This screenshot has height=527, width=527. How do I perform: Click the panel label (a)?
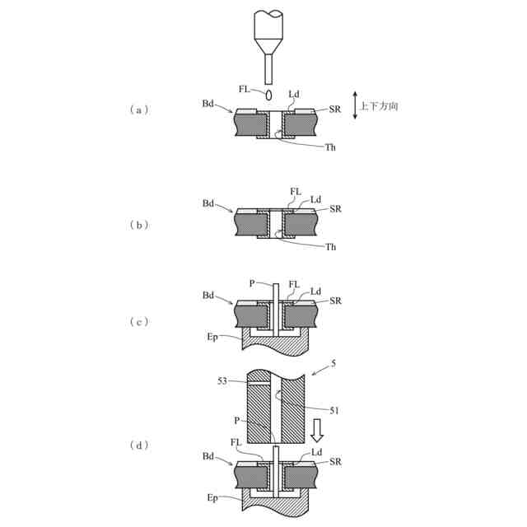click(139, 110)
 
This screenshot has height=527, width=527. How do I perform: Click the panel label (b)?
click(139, 225)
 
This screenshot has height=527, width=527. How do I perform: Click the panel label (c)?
click(139, 322)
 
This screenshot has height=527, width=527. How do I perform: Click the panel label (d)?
click(139, 445)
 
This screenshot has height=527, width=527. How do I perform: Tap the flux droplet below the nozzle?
click(268, 96)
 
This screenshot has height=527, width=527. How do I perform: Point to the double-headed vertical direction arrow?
click(355, 105)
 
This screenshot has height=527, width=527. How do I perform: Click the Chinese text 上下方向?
click(379, 106)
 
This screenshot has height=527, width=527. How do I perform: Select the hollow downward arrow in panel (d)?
click(316, 431)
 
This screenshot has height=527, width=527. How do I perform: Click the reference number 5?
click(333, 364)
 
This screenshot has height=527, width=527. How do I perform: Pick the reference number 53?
click(222, 381)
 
